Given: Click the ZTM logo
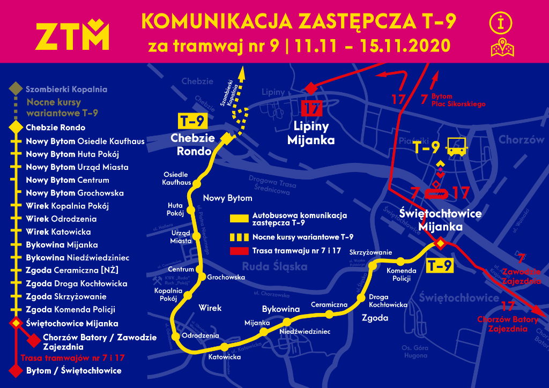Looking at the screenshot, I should point(72,36).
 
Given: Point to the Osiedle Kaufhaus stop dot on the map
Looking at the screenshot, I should point(196,184).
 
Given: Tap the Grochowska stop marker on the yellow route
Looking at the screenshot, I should point(203,277).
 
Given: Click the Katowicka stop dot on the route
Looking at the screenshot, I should point(224,346).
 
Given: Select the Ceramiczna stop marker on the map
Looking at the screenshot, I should point(329,315).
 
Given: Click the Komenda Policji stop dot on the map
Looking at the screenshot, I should point(401,261).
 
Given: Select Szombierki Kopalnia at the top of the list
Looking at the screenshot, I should point(66,89).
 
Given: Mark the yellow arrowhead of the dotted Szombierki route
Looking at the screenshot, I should point(242,70).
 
